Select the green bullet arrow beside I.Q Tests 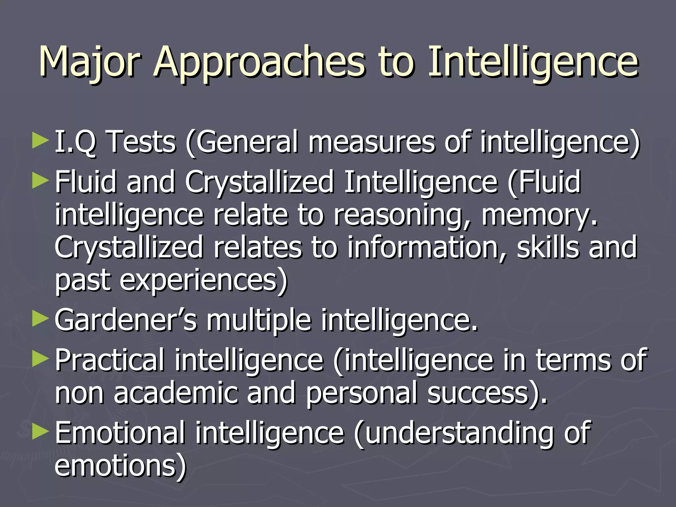point(41,141)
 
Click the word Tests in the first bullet point(142,142)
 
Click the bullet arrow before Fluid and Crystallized point(41,181)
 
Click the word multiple point(259,321)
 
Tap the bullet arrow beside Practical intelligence point(41,359)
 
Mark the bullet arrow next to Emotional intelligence point(41,432)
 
